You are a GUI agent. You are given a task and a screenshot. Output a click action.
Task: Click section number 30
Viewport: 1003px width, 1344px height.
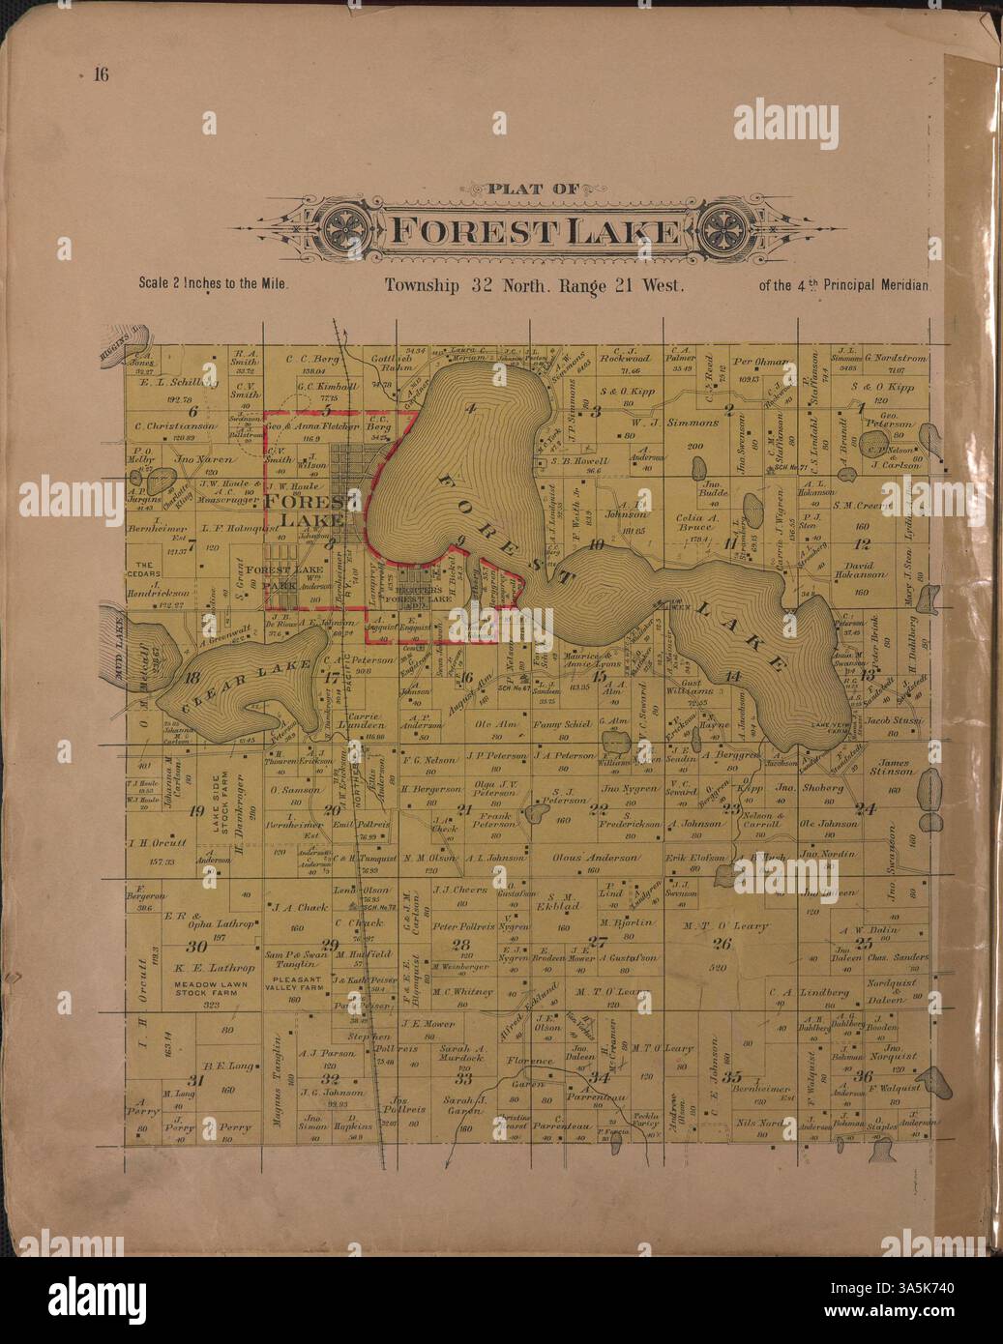pyautogui.click(x=196, y=947)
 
